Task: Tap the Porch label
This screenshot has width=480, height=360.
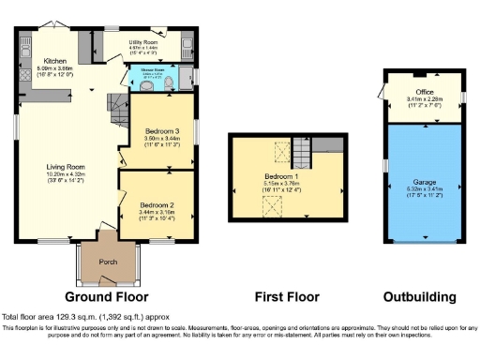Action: tap(108, 262)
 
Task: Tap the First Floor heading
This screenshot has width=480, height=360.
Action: tap(282, 296)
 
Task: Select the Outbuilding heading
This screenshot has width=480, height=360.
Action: tap(420, 296)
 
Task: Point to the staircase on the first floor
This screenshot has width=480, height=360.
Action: tap(302, 150)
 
